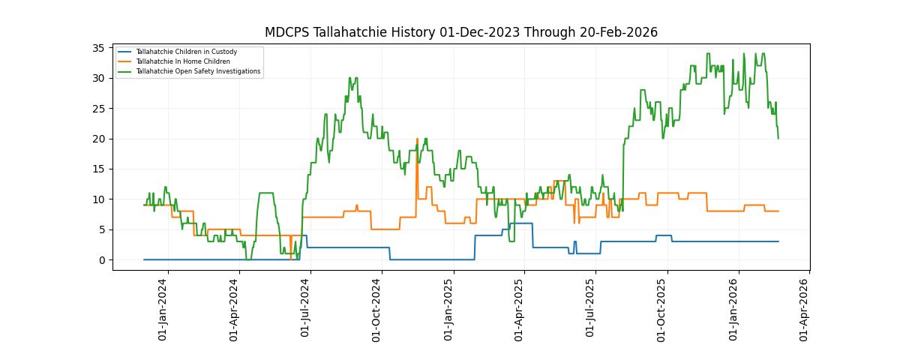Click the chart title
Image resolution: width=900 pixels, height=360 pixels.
(x=460, y=32)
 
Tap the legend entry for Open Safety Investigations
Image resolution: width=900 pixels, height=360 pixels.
(x=198, y=71)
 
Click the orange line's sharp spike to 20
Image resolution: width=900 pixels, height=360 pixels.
(x=417, y=139)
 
